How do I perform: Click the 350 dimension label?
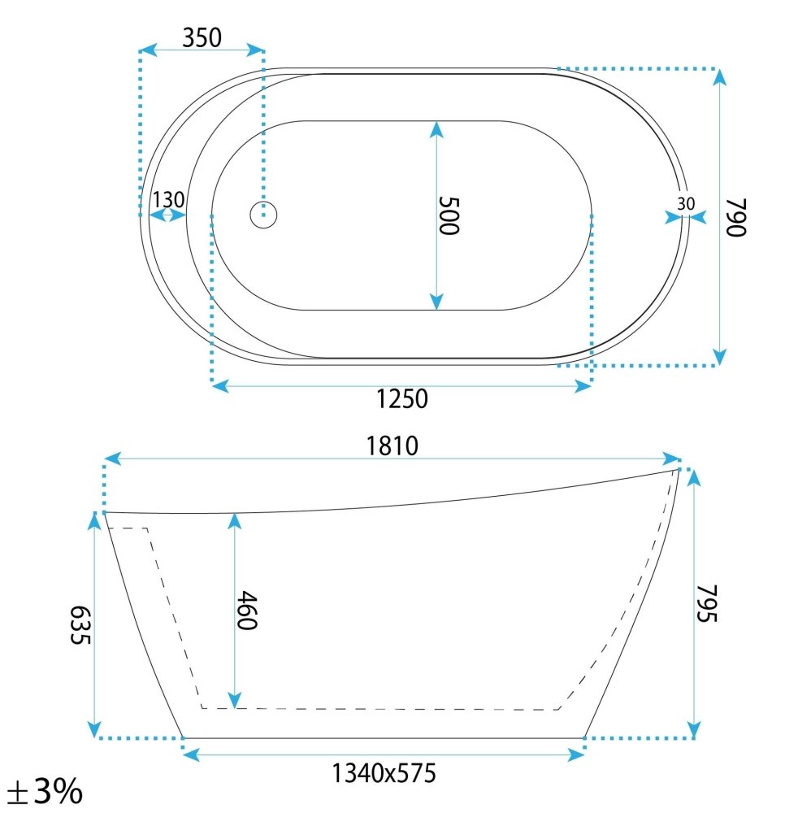(x=202, y=37)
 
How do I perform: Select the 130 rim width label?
(x=168, y=200)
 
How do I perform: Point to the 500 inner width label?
(x=449, y=215)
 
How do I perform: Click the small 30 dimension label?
(x=686, y=204)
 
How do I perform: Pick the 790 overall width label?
(x=736, y=217)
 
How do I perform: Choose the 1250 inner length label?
(x=401, y=399)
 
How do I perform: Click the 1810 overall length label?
(x=392, y=446)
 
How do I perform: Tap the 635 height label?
(x=80, y=624)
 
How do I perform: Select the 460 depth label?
(x=247, y=611)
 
